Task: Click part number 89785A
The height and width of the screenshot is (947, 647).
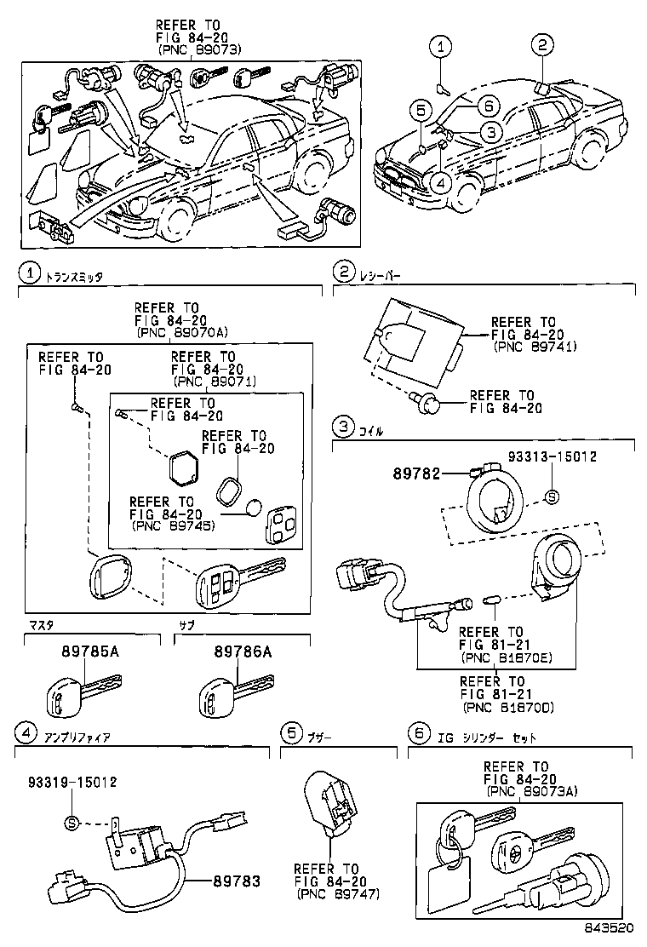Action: coord(89,652)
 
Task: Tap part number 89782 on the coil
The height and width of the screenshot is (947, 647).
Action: coord(416,472)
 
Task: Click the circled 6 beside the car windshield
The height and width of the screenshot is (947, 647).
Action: coord(485,106)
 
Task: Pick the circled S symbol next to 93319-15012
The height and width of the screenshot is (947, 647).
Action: coord(72,823)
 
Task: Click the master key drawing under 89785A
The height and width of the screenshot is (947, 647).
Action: coord(82,691)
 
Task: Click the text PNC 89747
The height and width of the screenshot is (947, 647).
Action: coord(338,895)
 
